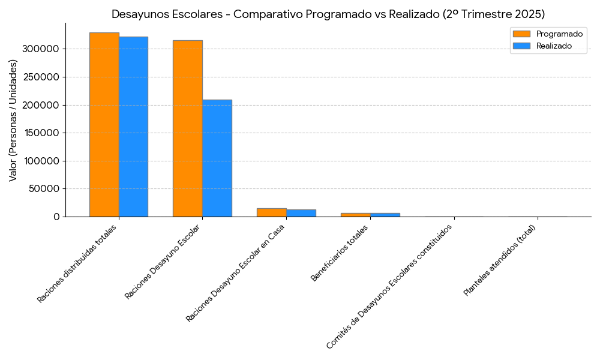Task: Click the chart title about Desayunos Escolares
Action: (x=328, y=14)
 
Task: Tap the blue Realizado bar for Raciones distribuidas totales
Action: (x=133, y=127)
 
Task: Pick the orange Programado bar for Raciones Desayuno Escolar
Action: (x=187, y=128)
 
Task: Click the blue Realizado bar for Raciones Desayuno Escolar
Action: (x=217, y=158)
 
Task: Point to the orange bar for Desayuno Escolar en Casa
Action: (x=271, y=212)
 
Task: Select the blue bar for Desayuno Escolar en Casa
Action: (x=301, y=213)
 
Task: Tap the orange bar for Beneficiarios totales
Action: (x=355, y=214)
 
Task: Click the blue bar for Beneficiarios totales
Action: (x=385, y=214)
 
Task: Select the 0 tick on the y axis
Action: (x=57, y=217)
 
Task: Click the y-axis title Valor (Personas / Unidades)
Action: (x=13, y=120)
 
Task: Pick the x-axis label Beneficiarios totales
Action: (x=340, y=252)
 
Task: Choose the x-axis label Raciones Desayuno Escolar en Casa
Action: (x=236, y=273)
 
